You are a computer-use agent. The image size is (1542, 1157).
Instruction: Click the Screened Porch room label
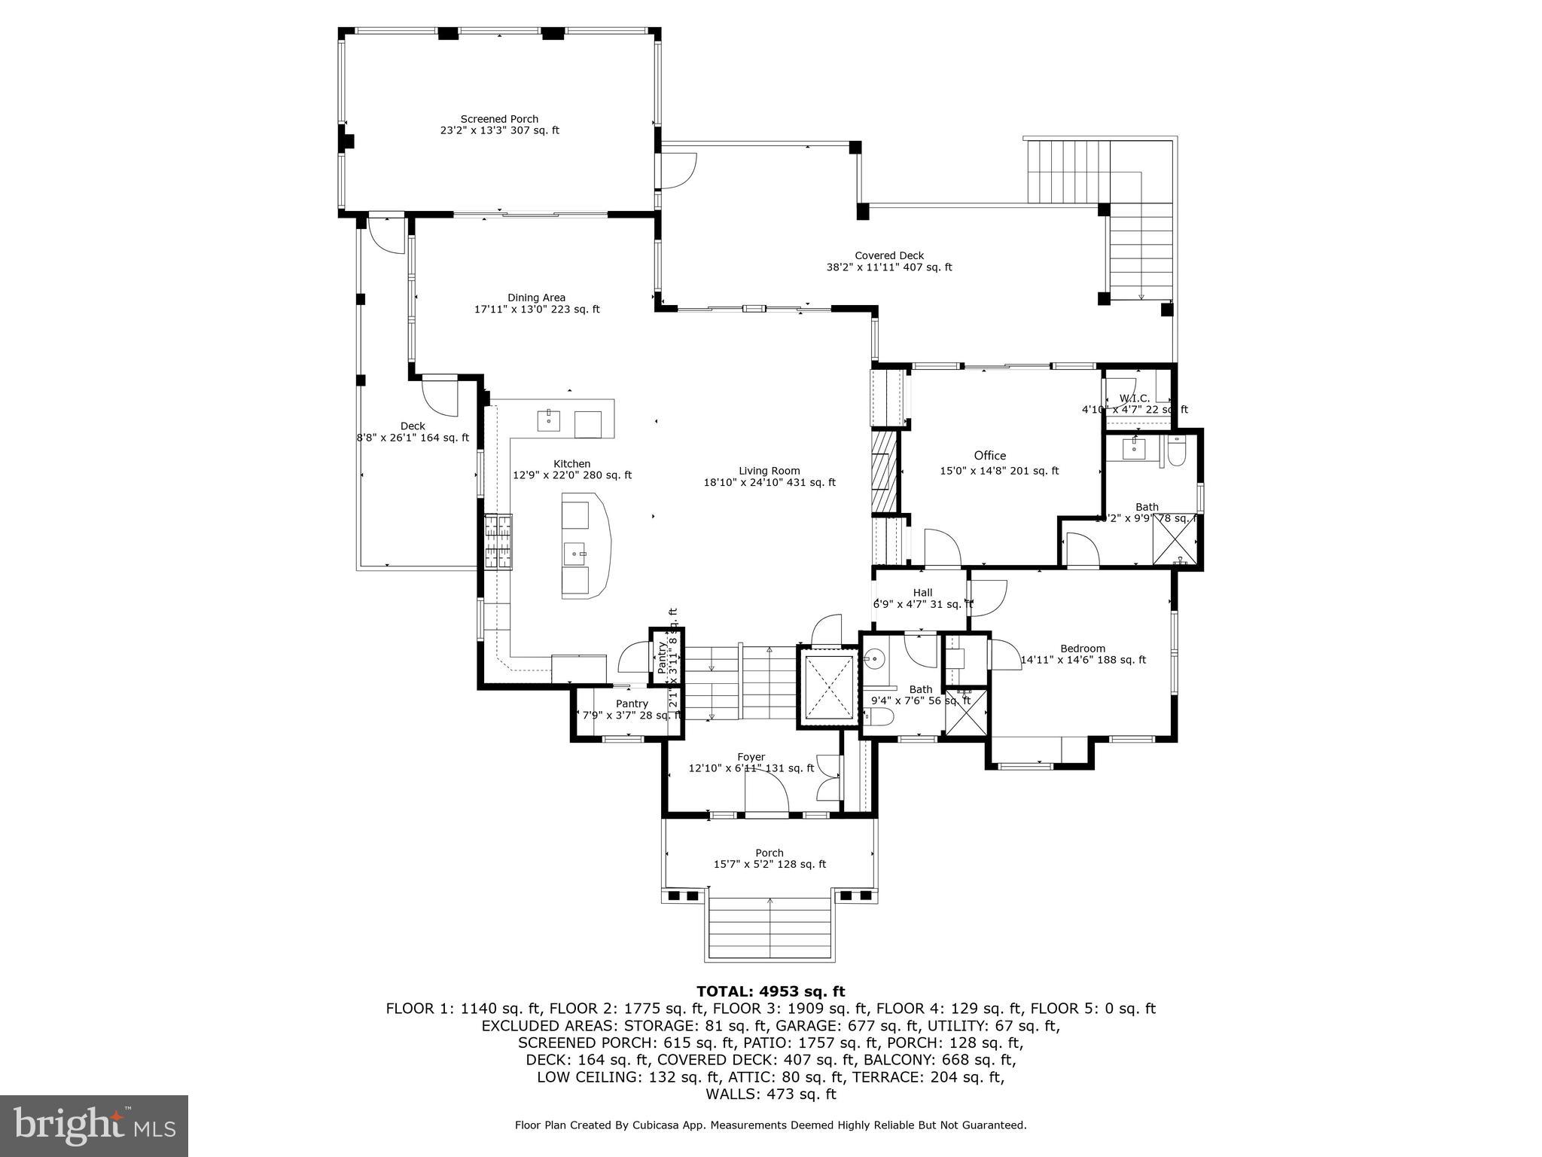499,119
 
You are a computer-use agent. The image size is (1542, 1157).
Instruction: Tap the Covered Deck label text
888,256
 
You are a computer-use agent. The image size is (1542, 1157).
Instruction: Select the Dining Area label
536,298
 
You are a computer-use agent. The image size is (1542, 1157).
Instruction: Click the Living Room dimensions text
769,483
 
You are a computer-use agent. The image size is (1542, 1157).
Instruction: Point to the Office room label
989,456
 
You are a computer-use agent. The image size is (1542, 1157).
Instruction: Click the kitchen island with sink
586,545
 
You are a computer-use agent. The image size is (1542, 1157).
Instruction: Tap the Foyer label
751,757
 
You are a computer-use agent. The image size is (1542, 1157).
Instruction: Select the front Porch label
769,853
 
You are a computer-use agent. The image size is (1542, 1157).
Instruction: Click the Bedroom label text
1082,649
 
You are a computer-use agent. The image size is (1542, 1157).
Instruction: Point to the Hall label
922,593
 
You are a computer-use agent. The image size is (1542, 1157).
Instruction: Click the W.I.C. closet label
1134,398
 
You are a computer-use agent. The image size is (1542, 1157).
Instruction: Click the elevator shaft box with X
828,686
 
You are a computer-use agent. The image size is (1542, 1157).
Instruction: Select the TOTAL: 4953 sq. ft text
770,991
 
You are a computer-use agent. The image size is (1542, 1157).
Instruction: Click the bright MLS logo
94,1126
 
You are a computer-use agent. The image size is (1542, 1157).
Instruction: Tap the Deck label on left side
413,426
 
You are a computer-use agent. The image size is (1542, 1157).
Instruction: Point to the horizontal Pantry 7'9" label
631,704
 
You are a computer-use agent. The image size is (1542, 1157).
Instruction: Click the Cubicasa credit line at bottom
770,1125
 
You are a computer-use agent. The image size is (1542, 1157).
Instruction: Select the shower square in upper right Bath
1175,540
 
